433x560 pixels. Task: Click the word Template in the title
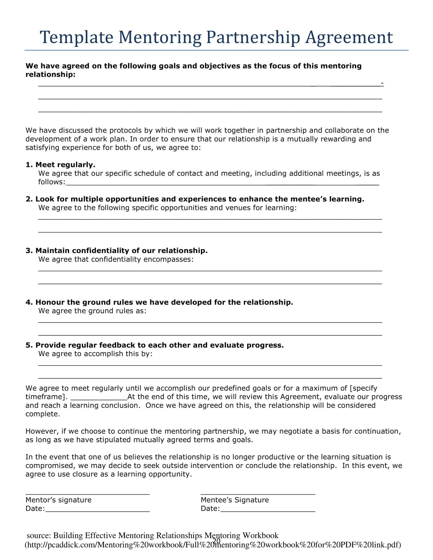pyautogui.click(x=76, y=37)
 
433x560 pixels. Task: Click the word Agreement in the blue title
pyautogui.click(x=349, y=37)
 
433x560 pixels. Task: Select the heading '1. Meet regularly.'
pyautogui.click(x=61, y=165)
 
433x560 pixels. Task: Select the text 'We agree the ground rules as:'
pyautogui.click(x=92, y=311)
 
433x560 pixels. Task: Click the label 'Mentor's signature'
pyautogui.click(x=59, y=500)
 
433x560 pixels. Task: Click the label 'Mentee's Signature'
pyautogui.click(x=235, y=500)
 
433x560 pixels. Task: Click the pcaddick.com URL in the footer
pyautogui.click(x=213, y=545)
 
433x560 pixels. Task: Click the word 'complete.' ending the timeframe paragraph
pyautogui.click(x=43, y=414)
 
